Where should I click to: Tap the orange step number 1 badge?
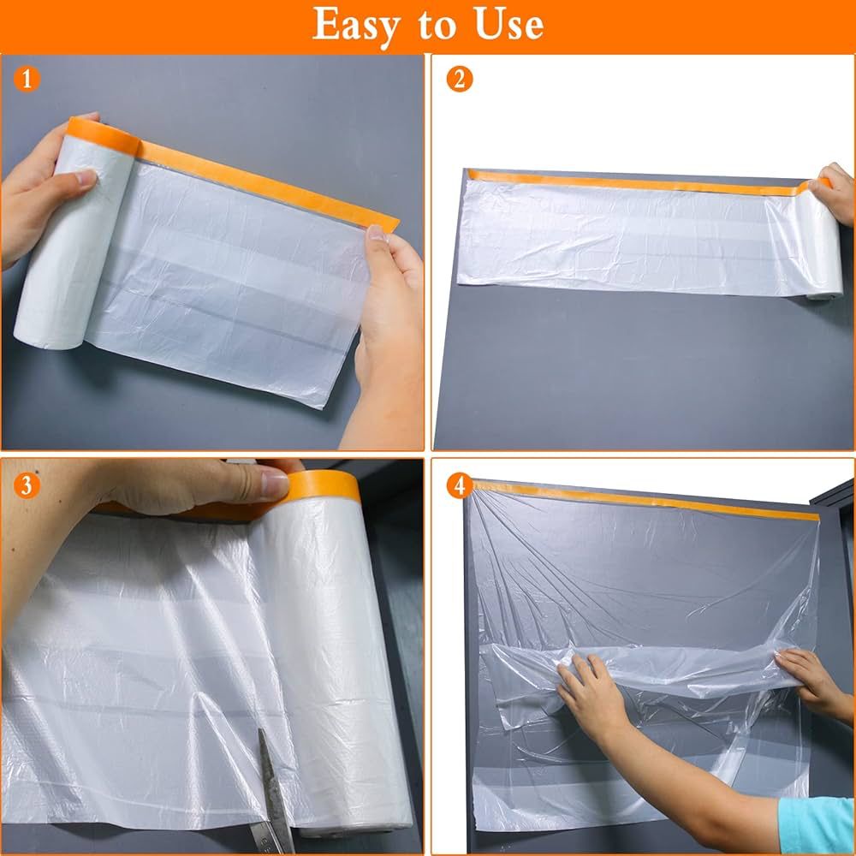click(x=27, y=80)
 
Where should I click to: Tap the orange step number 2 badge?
click(x=460, y=80)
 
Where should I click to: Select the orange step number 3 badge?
click(x=27, y=486)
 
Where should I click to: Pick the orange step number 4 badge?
click(x=460, y=486)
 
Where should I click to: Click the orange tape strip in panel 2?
click(x=633, y=181)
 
